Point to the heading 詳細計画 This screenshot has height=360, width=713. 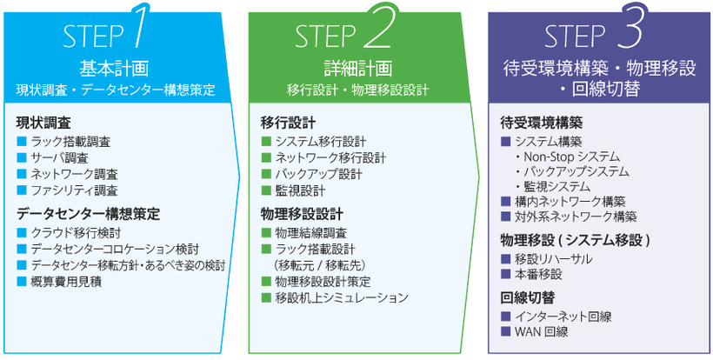click(x=357, y=68)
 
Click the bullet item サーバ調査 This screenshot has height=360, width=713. click(x=59, y=157)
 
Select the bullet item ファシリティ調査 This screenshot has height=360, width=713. click(x=75, y=190)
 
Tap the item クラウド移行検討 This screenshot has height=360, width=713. click(x=76, y=233)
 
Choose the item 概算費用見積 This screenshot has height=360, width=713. click(x=66, y=281)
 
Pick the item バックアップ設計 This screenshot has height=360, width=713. click(x=318, y=173)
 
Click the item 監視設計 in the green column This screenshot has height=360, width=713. click(x=300, y=190)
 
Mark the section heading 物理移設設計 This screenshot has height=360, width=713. click(x=302, y=213)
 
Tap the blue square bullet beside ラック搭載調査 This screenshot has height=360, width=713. click(x=22, y=141)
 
